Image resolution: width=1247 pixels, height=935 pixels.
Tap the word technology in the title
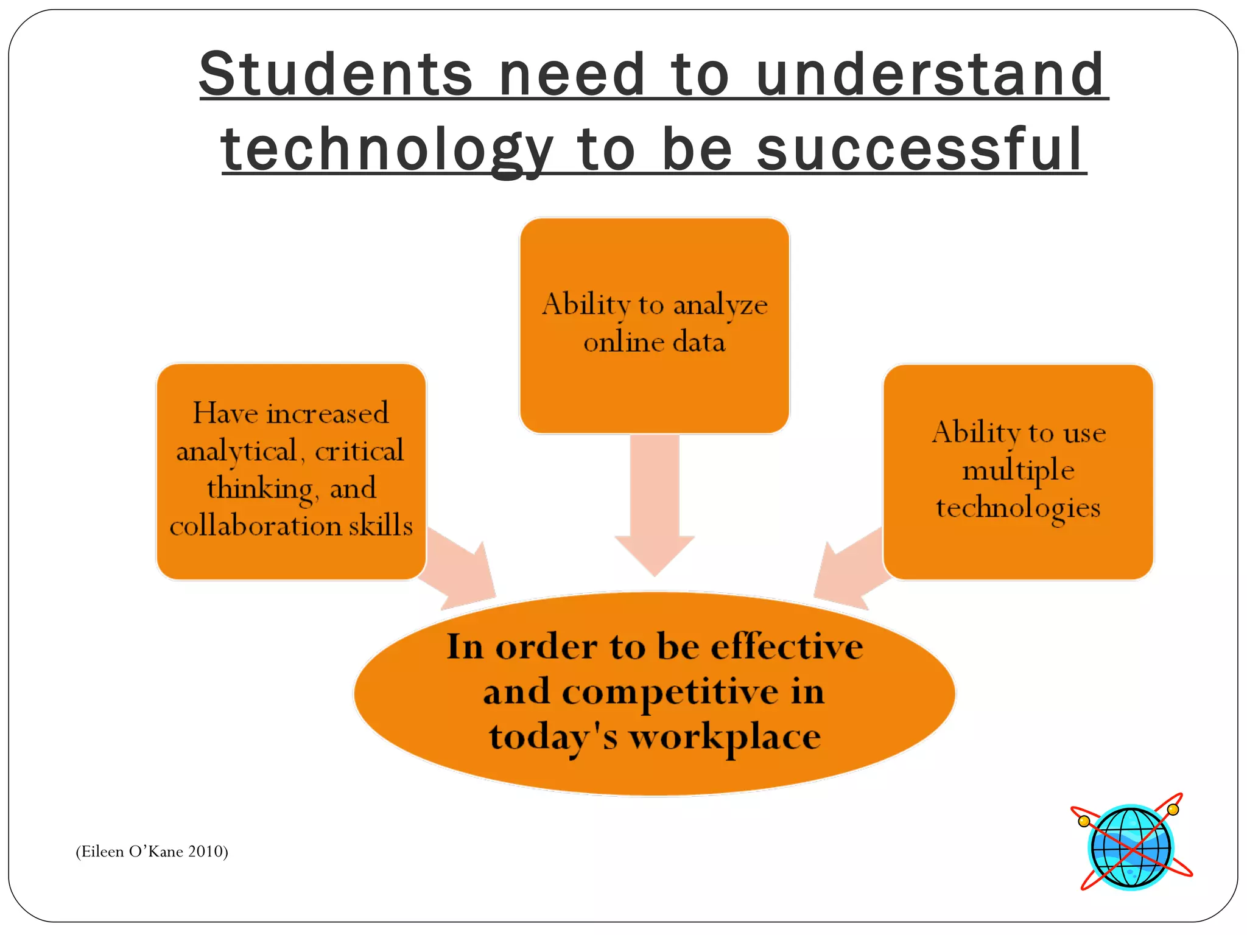coord(387,150)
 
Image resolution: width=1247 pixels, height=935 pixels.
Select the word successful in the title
coord(920,150)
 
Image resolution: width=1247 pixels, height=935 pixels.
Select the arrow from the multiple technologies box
coord(849,572)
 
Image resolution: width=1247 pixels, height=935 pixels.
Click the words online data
coord(655,342)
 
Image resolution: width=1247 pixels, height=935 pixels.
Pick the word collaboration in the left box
coord(256,525)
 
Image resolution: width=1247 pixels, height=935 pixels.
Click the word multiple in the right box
coord(1018,471)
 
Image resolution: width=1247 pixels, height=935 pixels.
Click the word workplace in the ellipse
coord(725,737)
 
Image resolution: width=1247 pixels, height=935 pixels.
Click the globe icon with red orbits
coord(1131,847)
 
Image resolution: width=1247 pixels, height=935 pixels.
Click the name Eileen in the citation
coord(101,851)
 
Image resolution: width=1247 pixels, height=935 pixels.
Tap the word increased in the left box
coord(328,413)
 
